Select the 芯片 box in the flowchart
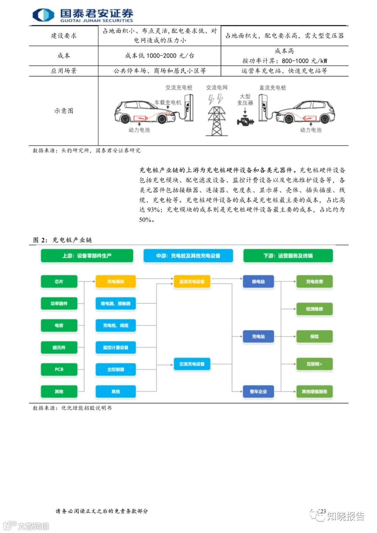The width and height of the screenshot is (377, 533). tap(59, 282)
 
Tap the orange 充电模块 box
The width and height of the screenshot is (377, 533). tap(116, 282)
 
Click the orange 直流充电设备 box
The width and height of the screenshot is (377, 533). tap(192, 282)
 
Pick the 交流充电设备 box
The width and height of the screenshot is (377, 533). tap(192, 364)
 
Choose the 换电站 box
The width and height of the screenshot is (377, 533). tap(258, 282)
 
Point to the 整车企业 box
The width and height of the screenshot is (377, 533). tap(258, 392)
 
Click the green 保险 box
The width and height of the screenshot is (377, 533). tap(314, 336)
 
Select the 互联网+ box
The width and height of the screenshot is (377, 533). tap(314, 364)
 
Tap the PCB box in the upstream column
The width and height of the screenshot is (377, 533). tap(59, 369)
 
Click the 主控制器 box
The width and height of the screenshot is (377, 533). tap(116, 369)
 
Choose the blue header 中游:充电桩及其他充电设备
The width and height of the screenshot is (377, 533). tap(188, 256)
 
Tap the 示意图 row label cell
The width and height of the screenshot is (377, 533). tap(64, 111)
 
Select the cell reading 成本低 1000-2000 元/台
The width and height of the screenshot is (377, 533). tap(160, 55)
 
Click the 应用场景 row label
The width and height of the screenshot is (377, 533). tap(64, 71)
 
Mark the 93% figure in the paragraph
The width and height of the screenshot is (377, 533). tap(154, 210)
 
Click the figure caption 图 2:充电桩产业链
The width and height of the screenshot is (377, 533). tap(62, 240)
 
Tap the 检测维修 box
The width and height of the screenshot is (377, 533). tap(314, 309)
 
